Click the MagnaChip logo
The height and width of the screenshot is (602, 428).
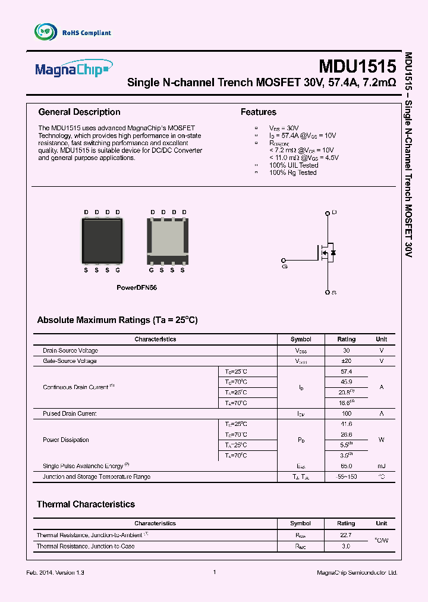(x=73, y=68)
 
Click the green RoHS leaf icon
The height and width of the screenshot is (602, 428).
(x=46, y=32)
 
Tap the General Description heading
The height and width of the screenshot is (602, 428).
(x=79, y=112)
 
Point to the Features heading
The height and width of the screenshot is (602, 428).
(x=258, y=112)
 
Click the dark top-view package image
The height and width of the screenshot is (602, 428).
(x=102, y=241)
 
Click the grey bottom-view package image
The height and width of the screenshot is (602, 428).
(x=168, y=241)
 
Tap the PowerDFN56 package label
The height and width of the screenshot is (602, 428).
(x=136, y=287)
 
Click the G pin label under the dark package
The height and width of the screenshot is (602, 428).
(x=118, y=270)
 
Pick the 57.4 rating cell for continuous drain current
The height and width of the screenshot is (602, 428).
(x=346, y=371)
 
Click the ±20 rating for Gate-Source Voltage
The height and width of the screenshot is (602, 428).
(x=346, y=361)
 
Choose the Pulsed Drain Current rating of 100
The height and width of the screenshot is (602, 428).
(x=346, y=413)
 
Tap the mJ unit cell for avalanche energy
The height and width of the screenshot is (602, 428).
(x=381, y=466)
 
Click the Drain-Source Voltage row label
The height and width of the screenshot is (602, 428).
(x=70, y=350)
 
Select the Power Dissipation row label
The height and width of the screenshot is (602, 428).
(x=65, y=440)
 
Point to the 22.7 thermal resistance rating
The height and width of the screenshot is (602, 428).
(x=346, y=535)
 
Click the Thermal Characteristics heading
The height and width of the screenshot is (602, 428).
(x=86, y=504)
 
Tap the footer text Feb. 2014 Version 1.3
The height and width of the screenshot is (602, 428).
(x=56, y=572)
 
